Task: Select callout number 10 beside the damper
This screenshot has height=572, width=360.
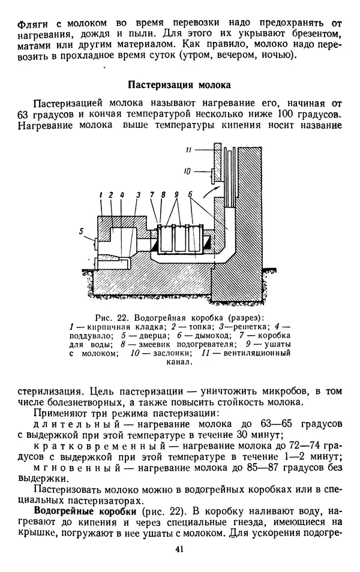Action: [187, 171]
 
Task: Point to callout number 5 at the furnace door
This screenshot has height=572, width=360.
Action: [81, 230]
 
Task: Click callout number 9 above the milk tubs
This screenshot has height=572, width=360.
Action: [176, 195]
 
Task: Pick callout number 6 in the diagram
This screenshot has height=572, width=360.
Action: [190, 195]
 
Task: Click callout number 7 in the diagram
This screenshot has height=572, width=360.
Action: [154, 195]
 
